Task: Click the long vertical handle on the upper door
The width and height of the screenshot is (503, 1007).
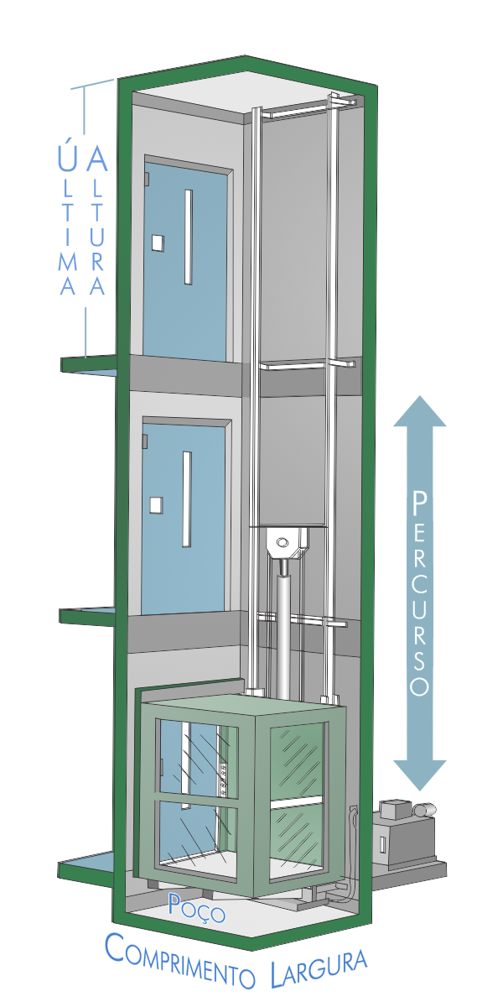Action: pyautogui.click(x=189, y=237)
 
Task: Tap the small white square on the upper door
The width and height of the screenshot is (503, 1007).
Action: pyautogui.click(x=157, y=243)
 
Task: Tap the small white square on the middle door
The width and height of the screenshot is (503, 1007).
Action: pyautogui.click(x=155, y=504)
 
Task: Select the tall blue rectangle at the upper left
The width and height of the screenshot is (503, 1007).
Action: pyautogui.click(x=82, y=216)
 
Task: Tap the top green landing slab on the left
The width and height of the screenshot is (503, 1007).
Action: pyautogui.click(x=87, y=364)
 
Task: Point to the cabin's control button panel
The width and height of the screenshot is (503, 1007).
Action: pyautogui.click(x=222, y=776)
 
